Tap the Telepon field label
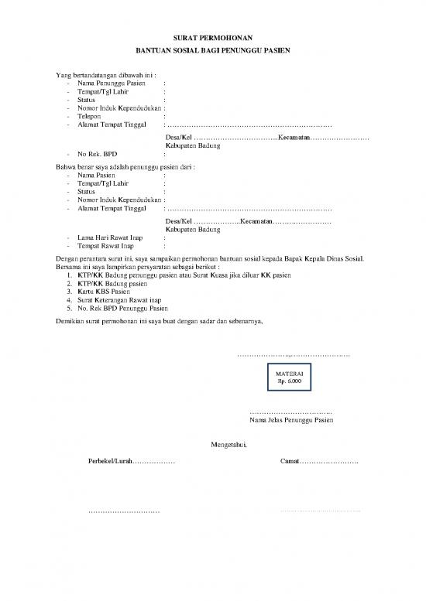pyautogui.click(x=90, y=116)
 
